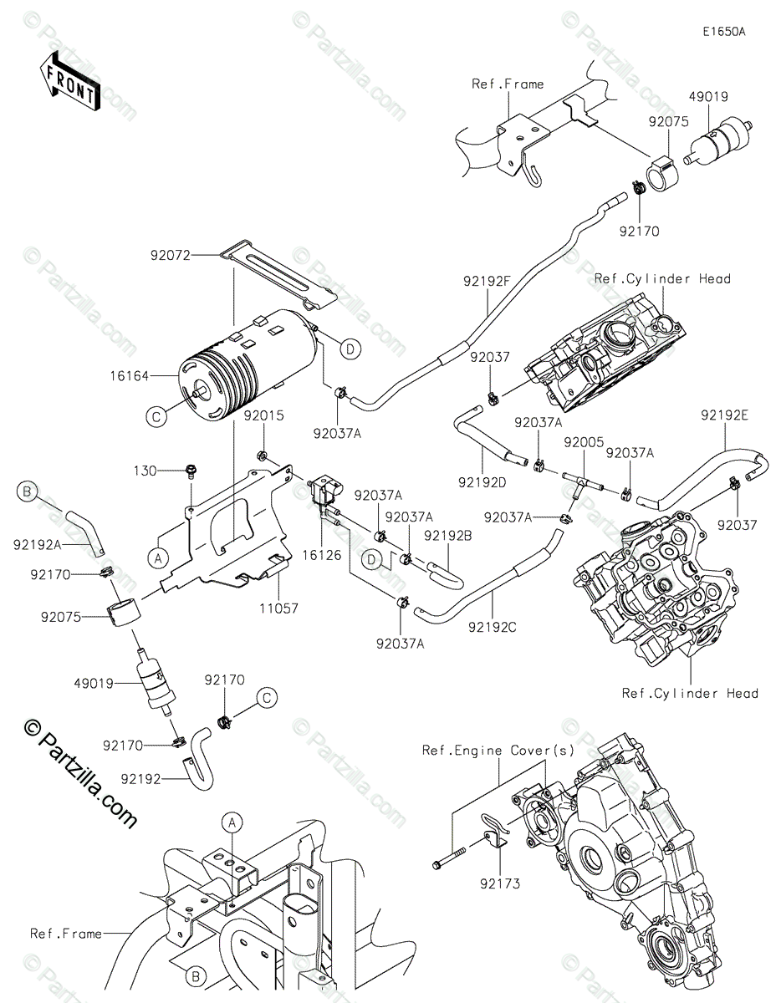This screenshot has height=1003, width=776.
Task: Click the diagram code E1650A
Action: pos(724,32)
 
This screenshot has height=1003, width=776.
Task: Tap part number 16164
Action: pos(130,376)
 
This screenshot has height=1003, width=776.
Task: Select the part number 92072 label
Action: pos(171,255)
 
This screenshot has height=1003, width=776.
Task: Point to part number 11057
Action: pos(278,608)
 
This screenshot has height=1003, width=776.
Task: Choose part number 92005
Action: pos(584,442)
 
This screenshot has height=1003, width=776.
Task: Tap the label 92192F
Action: pos(487,281)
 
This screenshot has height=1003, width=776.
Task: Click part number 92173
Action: pos(500,884)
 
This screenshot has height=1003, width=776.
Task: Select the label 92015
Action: pos(264,415)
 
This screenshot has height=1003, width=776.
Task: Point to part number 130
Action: pos(145,471)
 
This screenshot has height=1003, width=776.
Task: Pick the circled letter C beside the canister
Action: pos(156,417)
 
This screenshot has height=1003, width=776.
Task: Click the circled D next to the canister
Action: pos(350,349)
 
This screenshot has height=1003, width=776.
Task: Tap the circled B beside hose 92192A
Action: pos(27,491)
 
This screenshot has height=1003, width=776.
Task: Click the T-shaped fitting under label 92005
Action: pos(582,480)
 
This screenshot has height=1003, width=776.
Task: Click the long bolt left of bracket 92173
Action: pos(451,858)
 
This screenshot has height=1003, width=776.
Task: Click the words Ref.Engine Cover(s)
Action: pos(498,751)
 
